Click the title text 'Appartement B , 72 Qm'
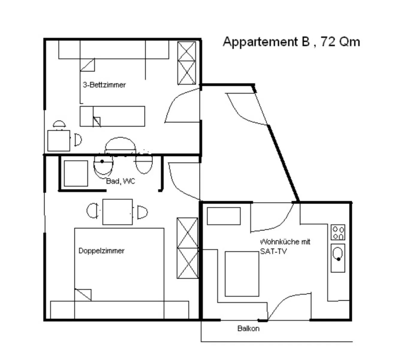point(291,42)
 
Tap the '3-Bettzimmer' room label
point(104,85)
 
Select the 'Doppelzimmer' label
point(101,251)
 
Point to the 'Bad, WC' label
point(120,181)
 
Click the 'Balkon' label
point(248,328)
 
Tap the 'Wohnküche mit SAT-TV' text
point(285,246)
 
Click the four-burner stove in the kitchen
point(338,232)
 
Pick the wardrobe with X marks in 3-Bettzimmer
point(186,63)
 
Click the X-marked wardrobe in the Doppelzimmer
point(187,248)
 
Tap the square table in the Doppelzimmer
point(117,212)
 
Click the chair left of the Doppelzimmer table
point(93,211)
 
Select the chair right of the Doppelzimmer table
point(142,212)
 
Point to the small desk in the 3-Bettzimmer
point(59,140)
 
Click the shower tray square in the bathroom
point(76,173)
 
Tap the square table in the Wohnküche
point(242,274)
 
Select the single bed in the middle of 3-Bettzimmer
point(112,116)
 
